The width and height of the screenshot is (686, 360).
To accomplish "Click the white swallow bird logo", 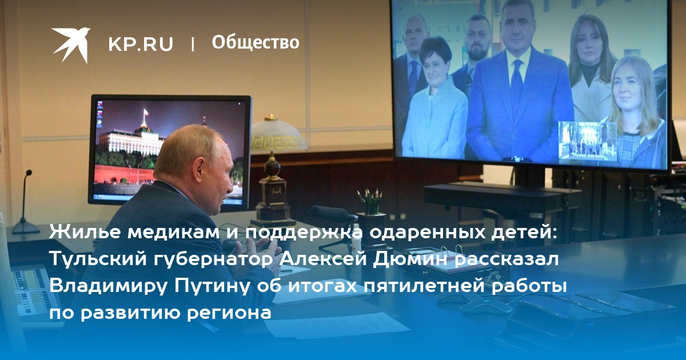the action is point(71,45).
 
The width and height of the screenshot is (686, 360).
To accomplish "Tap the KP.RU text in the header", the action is point(141,44).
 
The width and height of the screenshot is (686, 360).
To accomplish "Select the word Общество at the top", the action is point(256,42).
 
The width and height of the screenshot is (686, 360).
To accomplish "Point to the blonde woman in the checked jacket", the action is point(636,113).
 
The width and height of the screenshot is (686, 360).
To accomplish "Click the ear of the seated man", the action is point(199,173).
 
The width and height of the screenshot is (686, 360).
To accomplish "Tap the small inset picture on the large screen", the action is point(587,141).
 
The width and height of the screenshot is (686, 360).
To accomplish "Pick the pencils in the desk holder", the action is point(370,201).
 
